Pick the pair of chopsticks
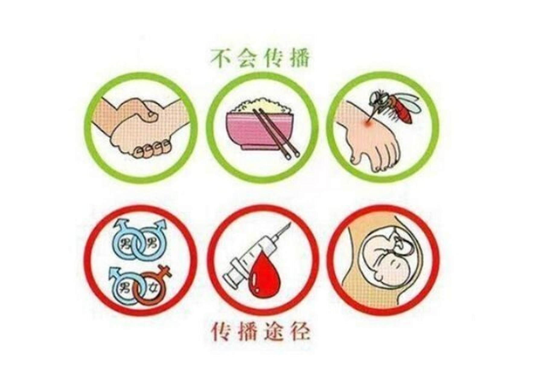coord(276,133)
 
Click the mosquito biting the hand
coord(392,106)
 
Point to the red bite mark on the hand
coord(367,122)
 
